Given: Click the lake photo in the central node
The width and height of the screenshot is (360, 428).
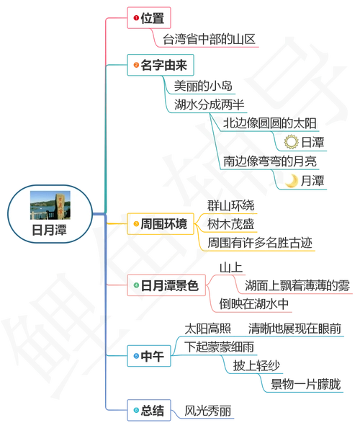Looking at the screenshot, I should (x=49, y=205).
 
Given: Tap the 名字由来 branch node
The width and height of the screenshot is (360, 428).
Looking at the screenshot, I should (x=161, y=66).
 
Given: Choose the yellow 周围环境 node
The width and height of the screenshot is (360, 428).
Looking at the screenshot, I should (x=161, y=224).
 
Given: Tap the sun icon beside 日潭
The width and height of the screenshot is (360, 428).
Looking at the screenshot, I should (x=292, y=142).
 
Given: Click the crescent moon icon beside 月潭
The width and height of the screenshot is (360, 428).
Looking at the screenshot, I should (x=292, y=179).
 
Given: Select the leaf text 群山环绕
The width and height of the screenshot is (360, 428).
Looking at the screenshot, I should (x=230, y=205).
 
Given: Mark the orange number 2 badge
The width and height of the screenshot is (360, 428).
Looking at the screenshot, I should (x=137, y=66).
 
